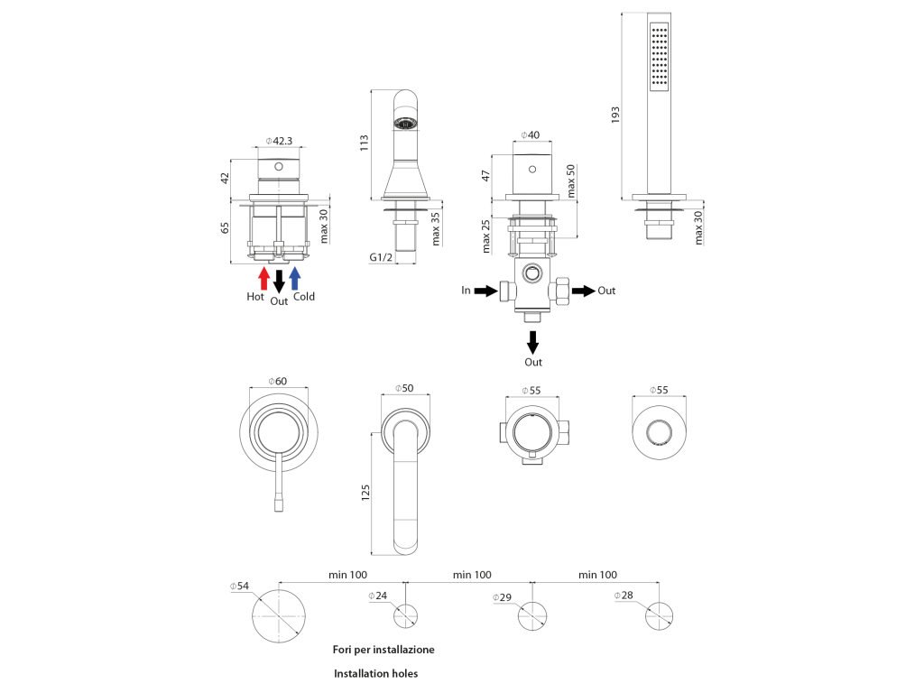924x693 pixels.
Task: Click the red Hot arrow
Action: (x=264, y=278)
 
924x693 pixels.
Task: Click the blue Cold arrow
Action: (x=295, y=278)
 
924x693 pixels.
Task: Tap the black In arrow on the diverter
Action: (x=485, y=291)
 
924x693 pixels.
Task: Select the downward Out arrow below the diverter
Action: (x=532, y=342)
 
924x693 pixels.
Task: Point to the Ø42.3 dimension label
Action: (x=279, y=141)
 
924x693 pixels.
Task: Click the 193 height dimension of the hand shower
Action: (x=615, y=114)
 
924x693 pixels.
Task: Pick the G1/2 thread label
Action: (x=381, y=257)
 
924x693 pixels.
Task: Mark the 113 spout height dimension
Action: (x=365, y=143)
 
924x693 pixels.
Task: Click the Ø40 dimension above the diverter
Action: (x=531, y=135)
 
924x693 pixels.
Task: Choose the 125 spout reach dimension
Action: (x=365, y=493)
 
